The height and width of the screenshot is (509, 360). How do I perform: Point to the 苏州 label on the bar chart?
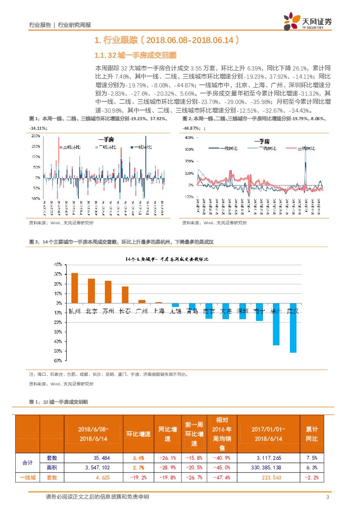pos(108,311)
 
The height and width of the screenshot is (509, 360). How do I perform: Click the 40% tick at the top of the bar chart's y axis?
pos(57,264)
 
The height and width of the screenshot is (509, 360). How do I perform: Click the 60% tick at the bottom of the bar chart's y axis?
pos(57,361)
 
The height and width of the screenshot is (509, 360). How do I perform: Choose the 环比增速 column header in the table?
pos(138,434)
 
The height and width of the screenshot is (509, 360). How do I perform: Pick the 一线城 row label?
pos(27,478)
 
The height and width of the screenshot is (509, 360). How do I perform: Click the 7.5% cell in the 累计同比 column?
pos(312,458)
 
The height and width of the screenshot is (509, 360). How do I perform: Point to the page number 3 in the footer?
pos(327,497)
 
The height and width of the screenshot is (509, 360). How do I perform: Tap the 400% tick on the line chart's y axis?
pos(189,138)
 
